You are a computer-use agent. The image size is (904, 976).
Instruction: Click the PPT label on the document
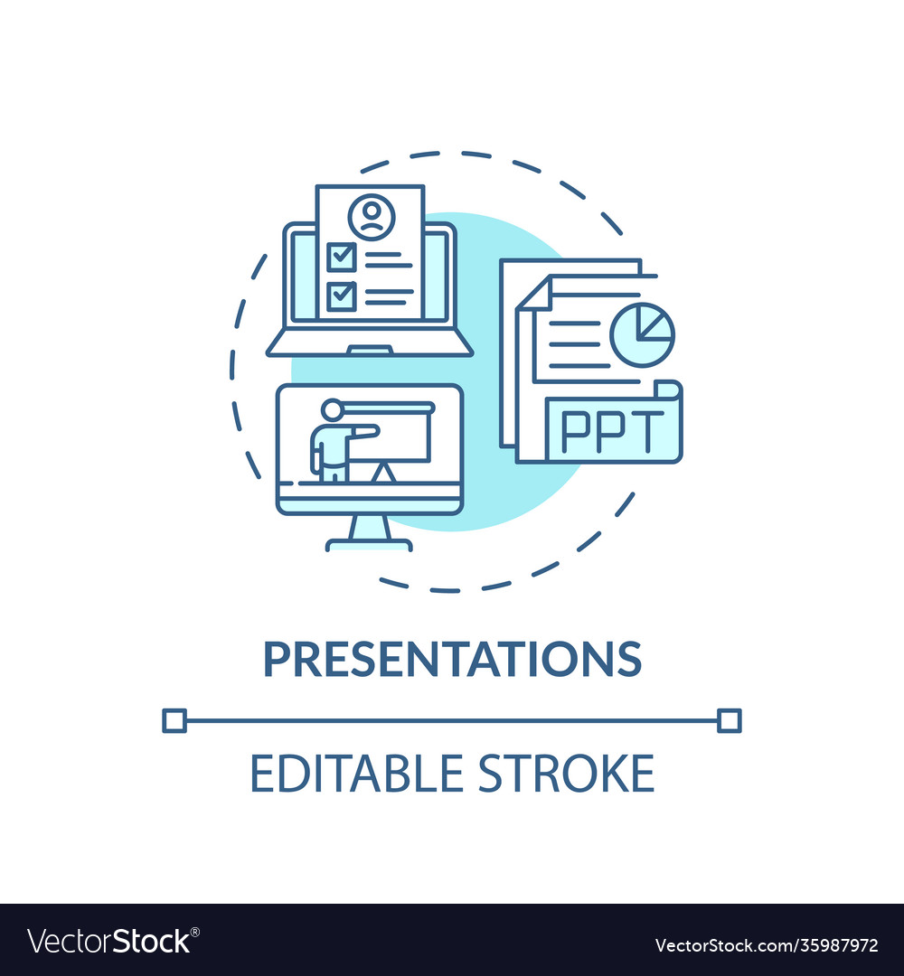612,432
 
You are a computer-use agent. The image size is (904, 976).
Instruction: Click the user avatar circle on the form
371,217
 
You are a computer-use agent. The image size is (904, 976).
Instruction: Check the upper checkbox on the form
340,255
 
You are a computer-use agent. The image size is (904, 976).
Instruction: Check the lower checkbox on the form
340,296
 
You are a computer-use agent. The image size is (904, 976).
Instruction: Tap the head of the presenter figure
332,409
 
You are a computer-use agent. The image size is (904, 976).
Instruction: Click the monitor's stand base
369,545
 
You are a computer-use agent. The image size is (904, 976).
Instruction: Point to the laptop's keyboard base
369,343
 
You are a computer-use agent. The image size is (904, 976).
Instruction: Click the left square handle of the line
174,720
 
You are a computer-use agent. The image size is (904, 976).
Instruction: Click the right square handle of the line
730,720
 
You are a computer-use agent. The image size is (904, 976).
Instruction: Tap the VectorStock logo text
108,942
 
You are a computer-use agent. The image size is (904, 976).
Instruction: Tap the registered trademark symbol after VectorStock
195,931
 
